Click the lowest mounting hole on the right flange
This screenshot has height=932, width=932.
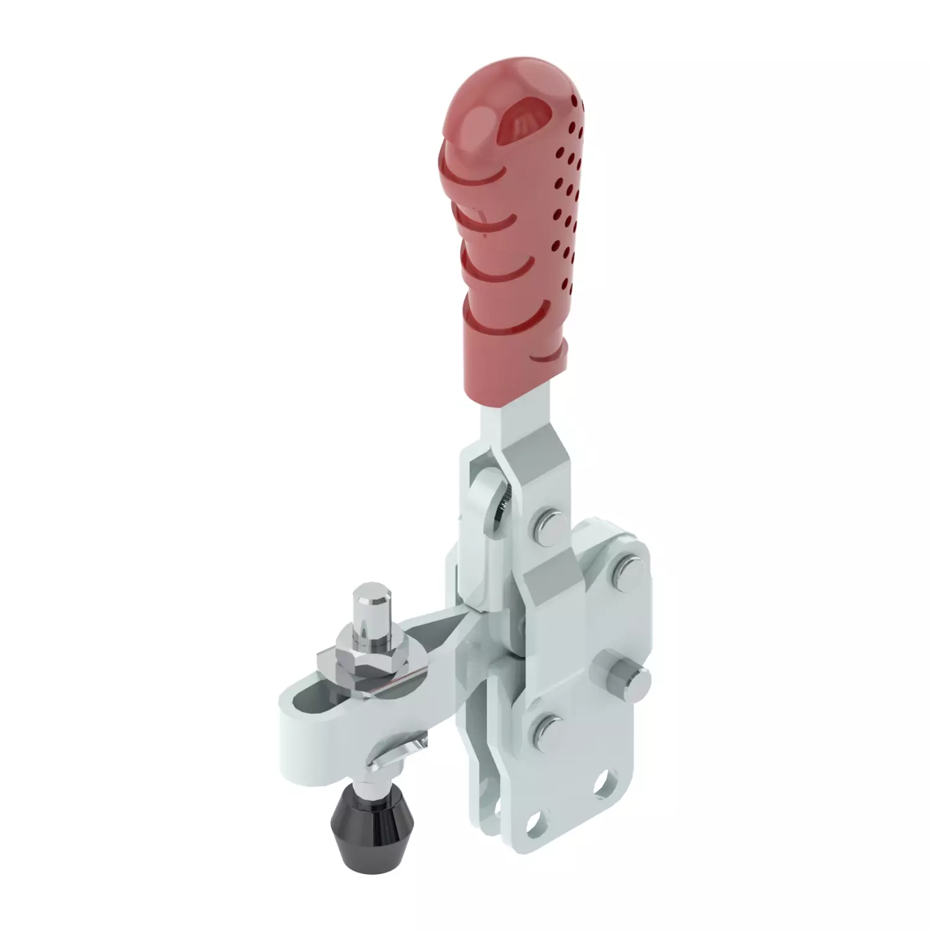(x=533, y=823)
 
